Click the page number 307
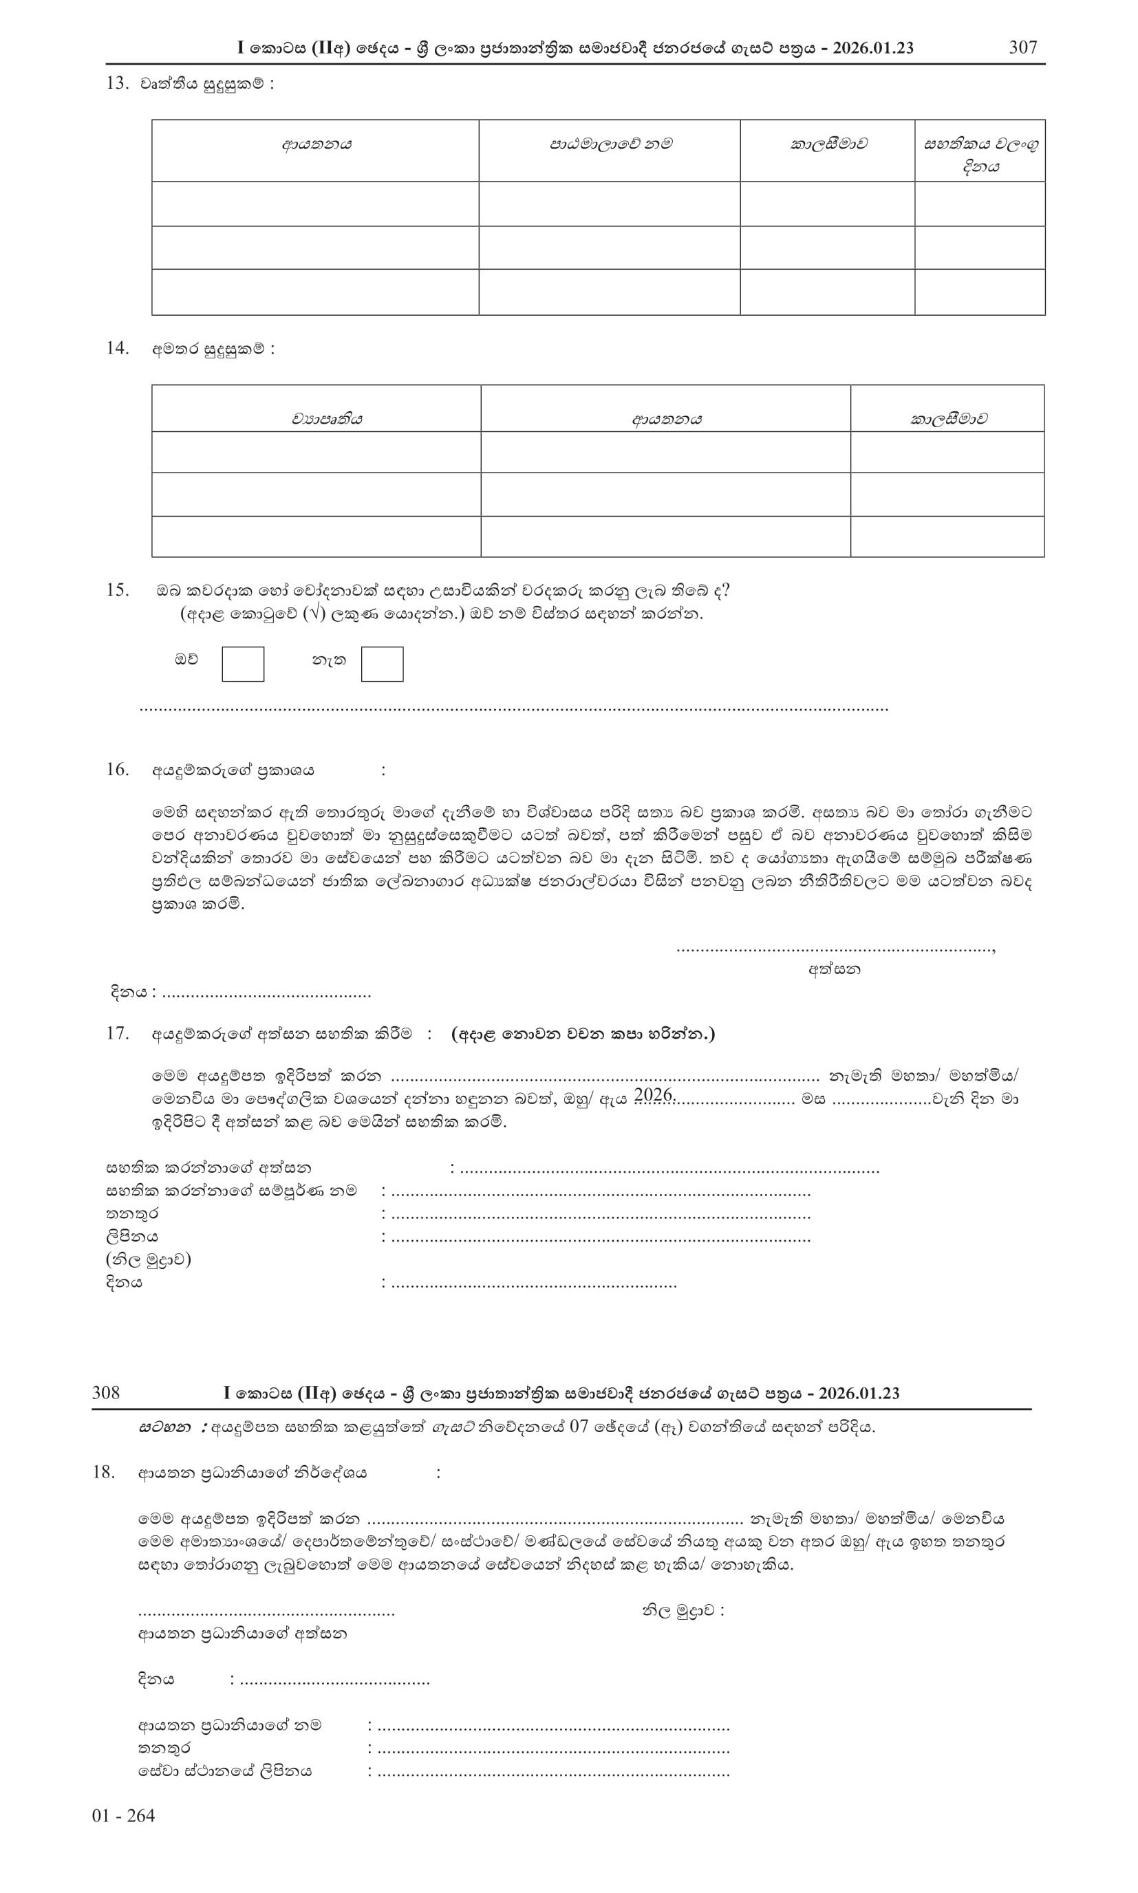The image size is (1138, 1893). coord(1022,47)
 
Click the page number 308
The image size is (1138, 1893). coord(106,1392)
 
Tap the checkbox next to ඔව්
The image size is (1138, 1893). coord(242,664)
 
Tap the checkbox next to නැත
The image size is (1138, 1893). coord(382,664)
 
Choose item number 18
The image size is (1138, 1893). coord(103,1471)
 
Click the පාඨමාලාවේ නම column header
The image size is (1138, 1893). coord(610,144)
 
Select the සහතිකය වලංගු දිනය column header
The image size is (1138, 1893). coord(980,155)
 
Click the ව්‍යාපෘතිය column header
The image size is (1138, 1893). coord(326,419)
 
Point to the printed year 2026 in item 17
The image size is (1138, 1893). coord(654,1095)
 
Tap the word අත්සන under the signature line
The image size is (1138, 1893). coord(835,969)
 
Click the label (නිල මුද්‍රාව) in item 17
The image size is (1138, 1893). coord(148,1259)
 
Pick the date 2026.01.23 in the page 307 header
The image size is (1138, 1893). coord(872,47)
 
